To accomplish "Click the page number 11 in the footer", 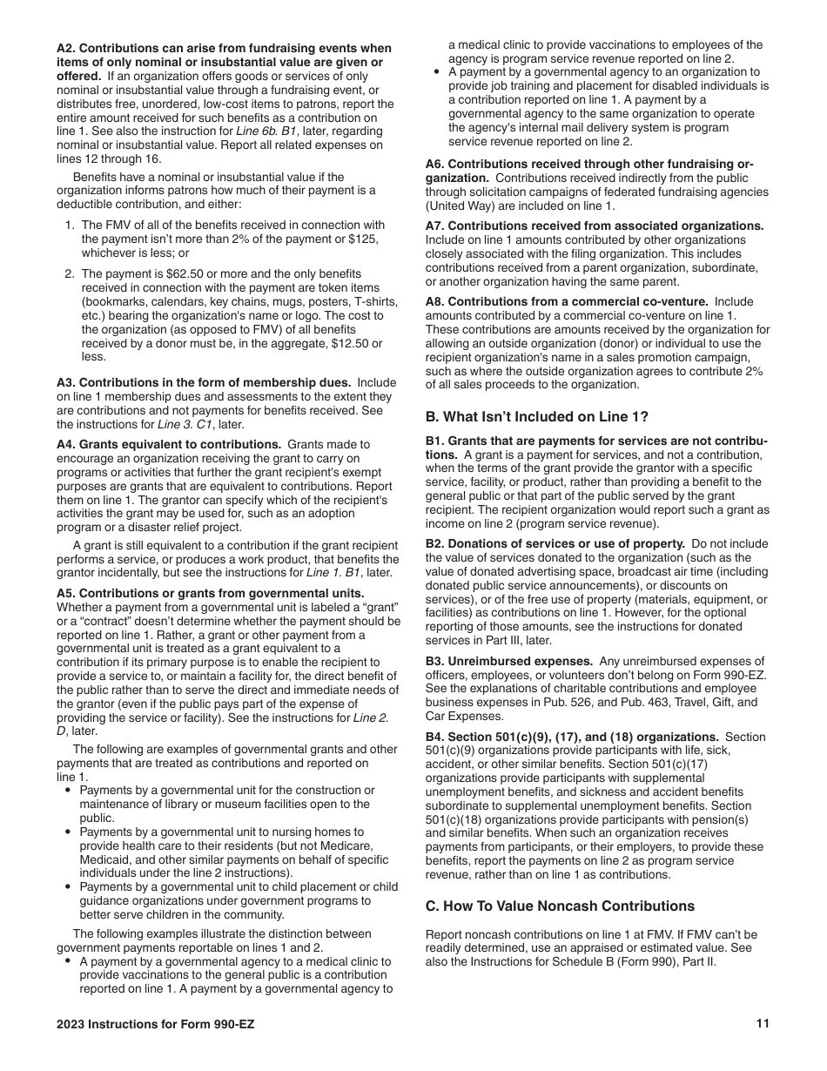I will point(763,1024).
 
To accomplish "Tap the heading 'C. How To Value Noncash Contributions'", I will point(560,906).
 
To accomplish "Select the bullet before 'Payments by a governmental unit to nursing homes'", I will point(68,832).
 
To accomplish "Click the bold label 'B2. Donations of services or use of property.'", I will point(555,543).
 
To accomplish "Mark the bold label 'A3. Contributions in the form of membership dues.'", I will point(204,382).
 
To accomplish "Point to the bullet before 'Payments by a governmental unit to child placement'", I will point(68,887).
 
